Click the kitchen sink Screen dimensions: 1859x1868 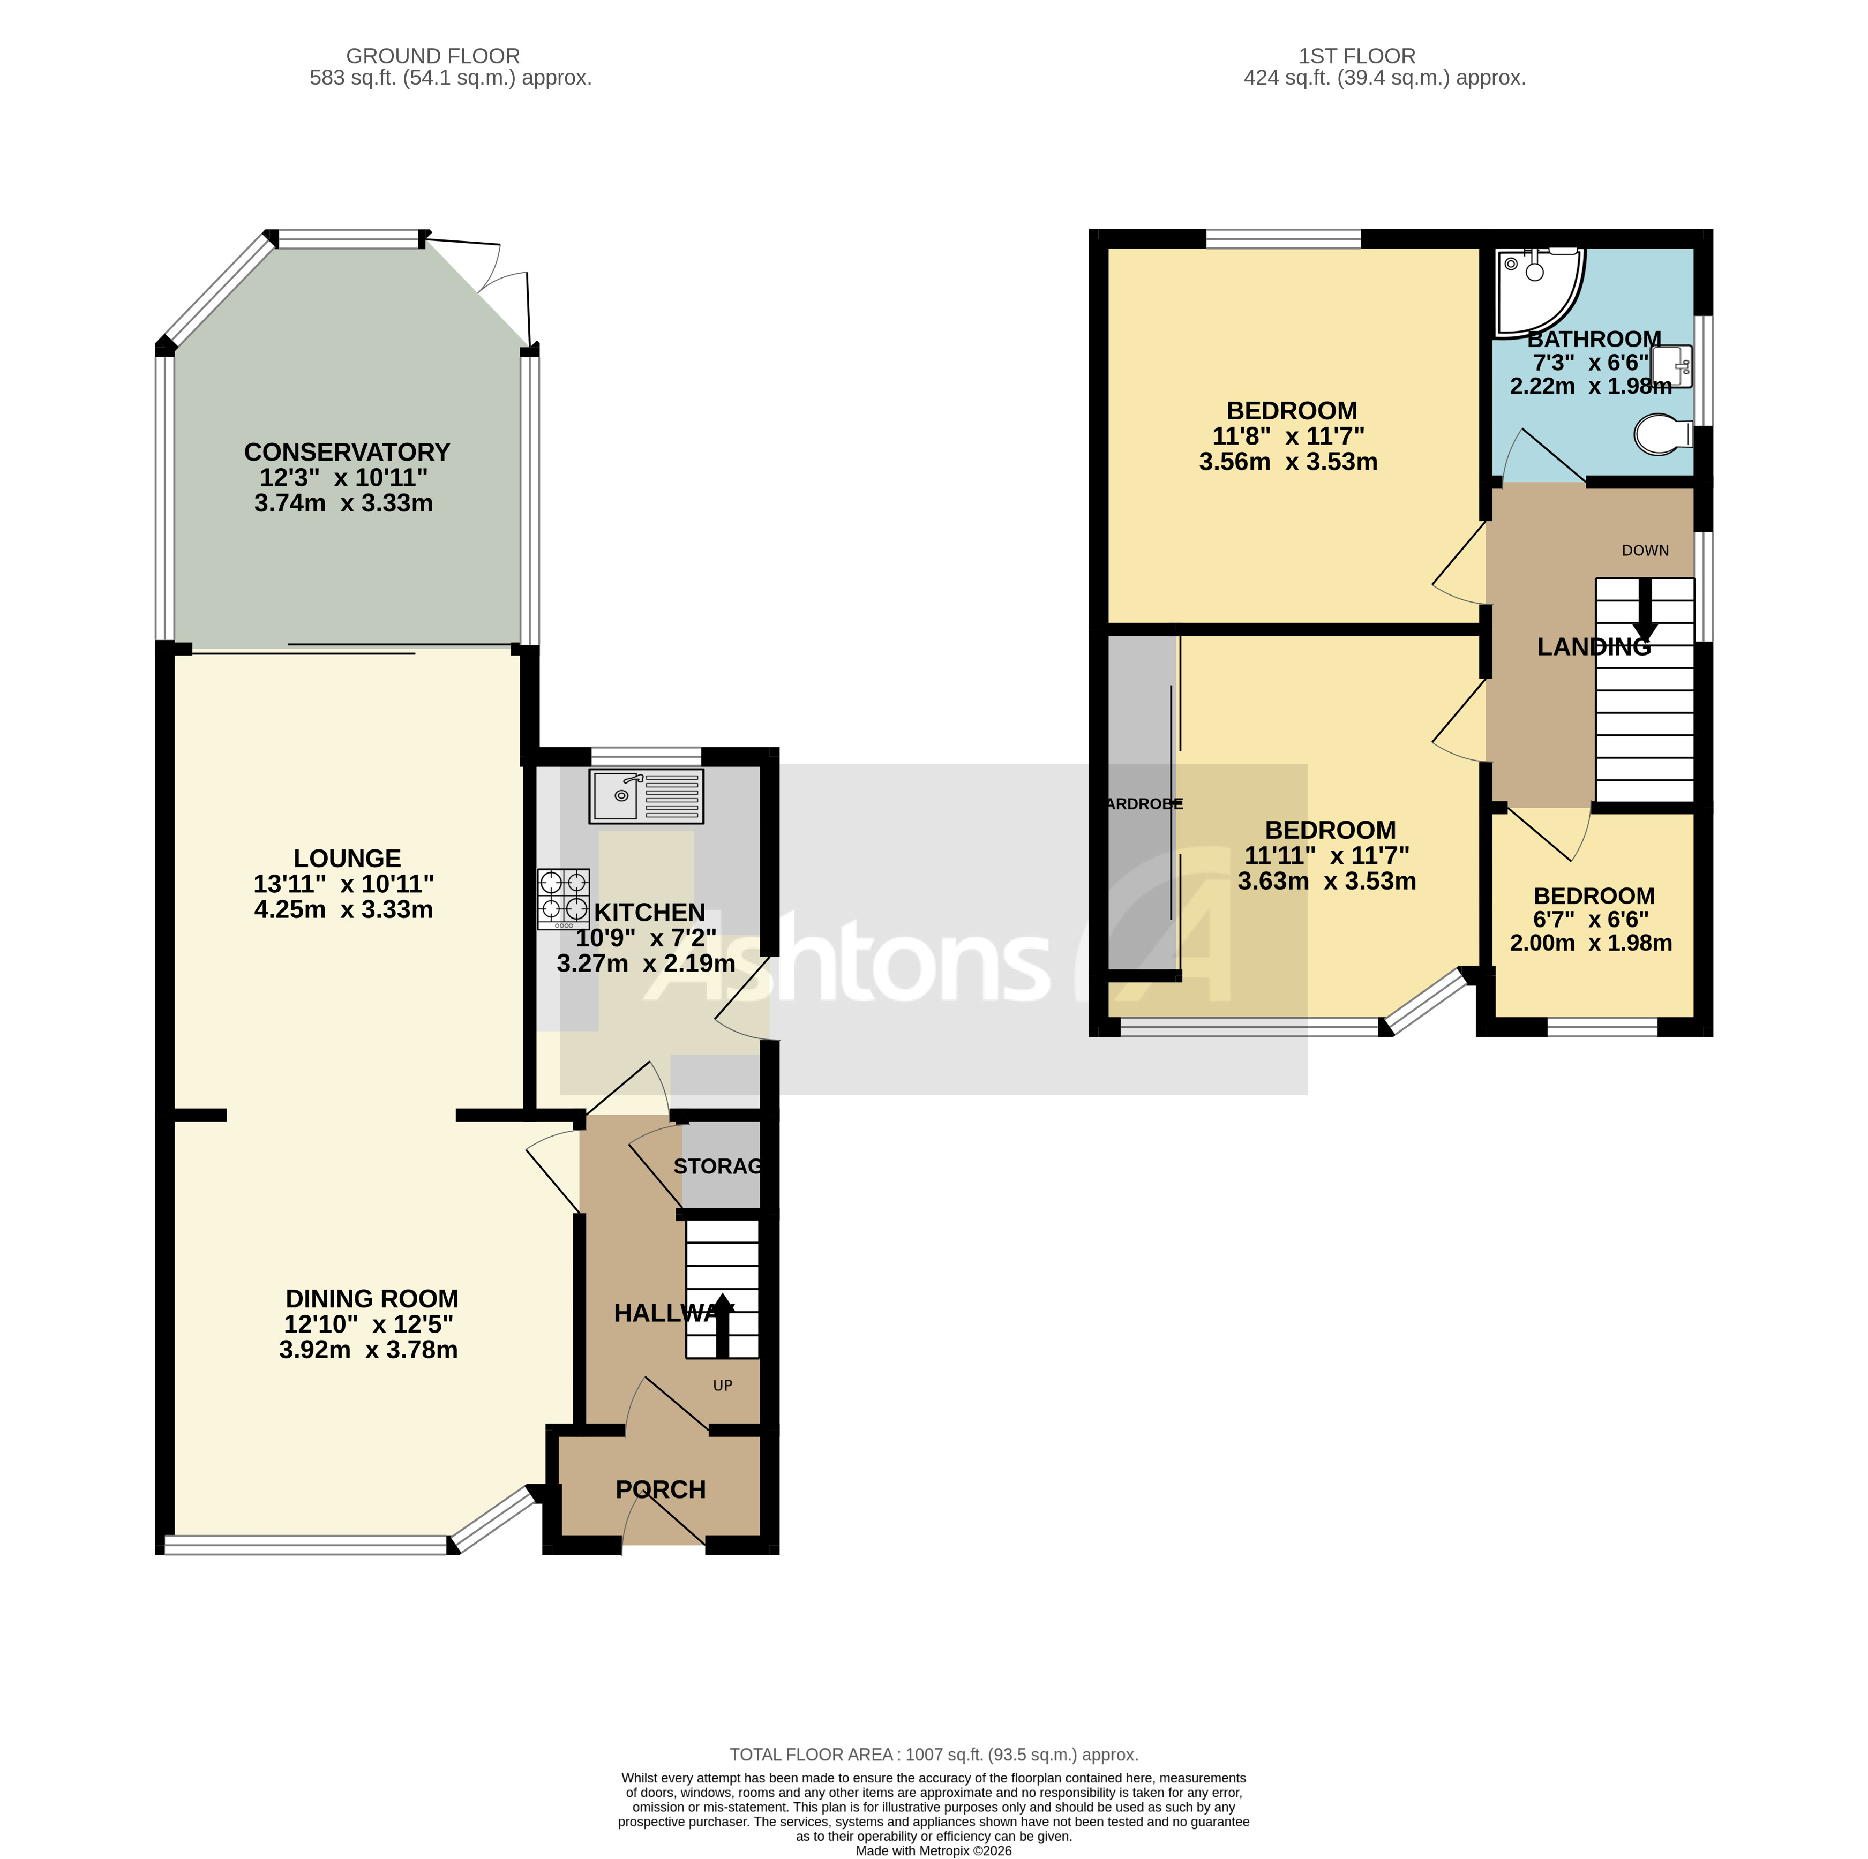click(x=646, y=796)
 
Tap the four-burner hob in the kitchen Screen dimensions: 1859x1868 click(x=564, y=898)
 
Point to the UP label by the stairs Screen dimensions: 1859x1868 click(x=722, y=1386)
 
